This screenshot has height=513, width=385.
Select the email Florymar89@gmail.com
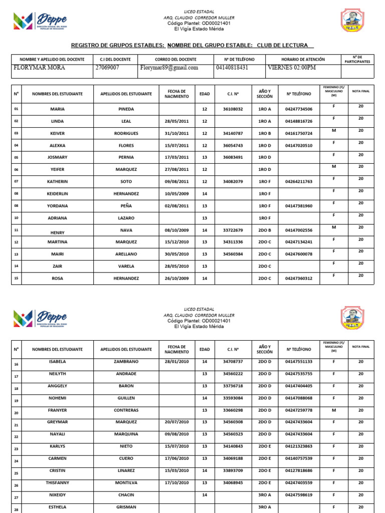169,68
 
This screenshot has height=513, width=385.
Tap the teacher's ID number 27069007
107,68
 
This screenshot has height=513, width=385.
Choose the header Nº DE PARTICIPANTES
357,59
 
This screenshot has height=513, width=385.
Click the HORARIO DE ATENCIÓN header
303,59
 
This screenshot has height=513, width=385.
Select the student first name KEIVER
58,134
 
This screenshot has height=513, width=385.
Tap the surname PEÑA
126,206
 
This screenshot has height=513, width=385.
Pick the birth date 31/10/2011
176,134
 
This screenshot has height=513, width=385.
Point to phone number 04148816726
298,121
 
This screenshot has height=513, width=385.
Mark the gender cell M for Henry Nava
333,227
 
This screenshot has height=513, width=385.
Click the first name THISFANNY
58,483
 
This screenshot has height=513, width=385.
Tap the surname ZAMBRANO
126,361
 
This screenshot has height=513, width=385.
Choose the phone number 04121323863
298,446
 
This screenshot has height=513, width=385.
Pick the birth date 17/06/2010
176,458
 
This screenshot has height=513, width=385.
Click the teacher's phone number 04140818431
232,68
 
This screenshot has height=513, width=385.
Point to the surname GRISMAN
126,507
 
